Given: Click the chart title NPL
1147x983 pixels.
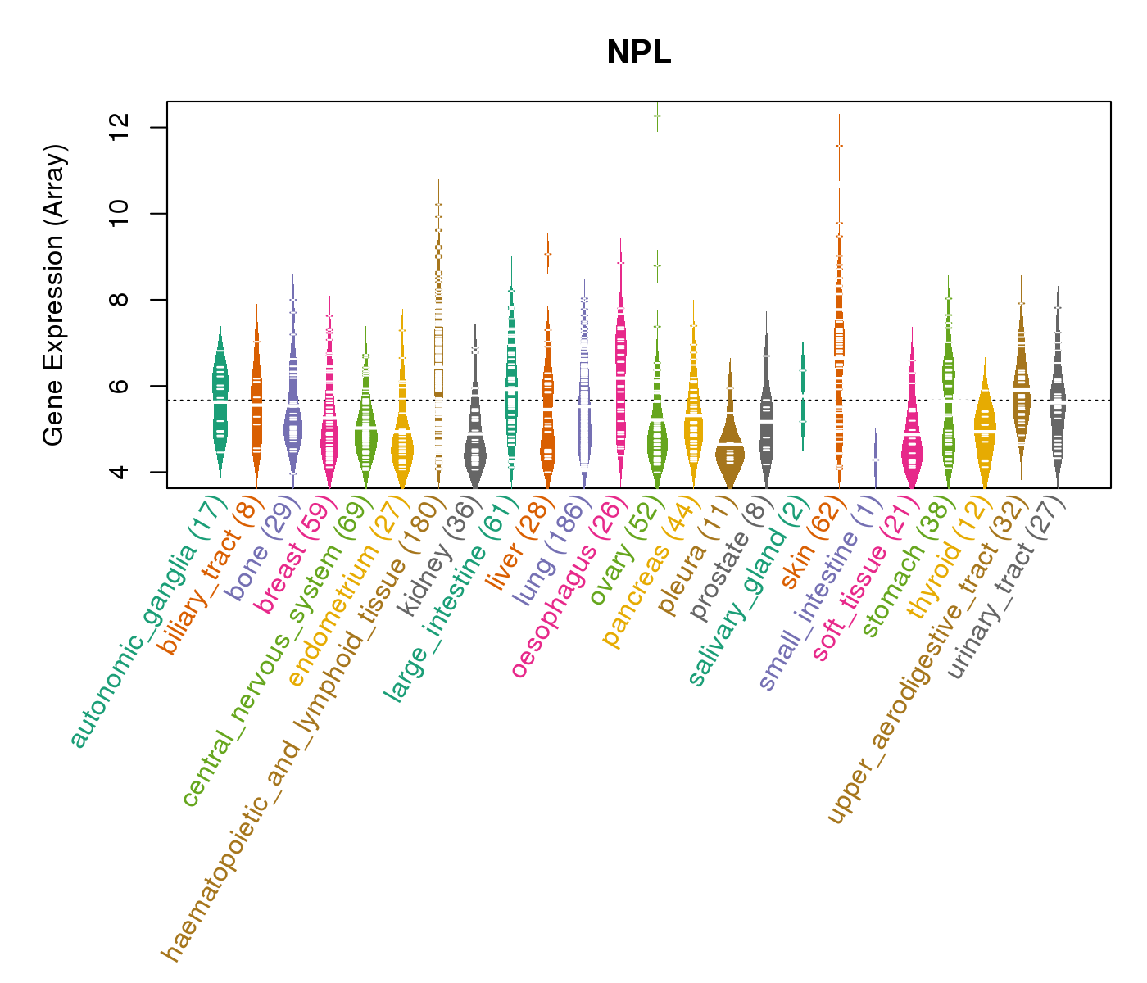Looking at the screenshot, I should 638,53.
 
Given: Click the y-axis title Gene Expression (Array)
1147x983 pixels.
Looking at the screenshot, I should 54,295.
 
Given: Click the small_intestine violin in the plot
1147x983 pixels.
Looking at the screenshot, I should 875,459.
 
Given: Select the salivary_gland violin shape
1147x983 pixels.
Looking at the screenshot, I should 803,393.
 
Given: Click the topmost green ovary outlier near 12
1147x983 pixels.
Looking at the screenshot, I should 657,116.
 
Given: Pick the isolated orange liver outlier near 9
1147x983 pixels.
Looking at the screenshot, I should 547,254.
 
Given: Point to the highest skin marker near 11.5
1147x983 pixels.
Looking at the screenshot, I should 839,146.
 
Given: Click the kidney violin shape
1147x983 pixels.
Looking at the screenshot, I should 474,451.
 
